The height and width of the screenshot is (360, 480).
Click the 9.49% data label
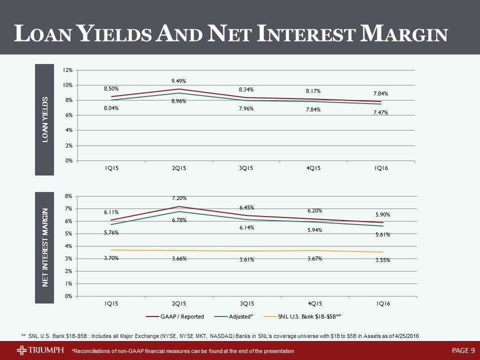(x=179, y=80)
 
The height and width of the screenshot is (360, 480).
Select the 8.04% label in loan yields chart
(x=111, y=107)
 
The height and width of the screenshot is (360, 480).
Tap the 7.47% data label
(x=380, y=112)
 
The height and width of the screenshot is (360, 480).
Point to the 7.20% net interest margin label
(x=179, y=198)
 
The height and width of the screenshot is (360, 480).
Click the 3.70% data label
(x=111, y=258)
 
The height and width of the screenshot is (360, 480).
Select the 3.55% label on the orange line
(x=382, y=260)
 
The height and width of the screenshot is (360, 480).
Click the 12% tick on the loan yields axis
(x=66, y=70)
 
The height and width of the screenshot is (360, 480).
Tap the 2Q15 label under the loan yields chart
(x=179, y=168)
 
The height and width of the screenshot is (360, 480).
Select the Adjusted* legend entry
(x=235, y=316)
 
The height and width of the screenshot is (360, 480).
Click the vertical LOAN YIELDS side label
(x=44, y=119)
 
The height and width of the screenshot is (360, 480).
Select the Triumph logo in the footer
(x=40, y=350)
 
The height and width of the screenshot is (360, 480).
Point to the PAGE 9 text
(x=463, y=350)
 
